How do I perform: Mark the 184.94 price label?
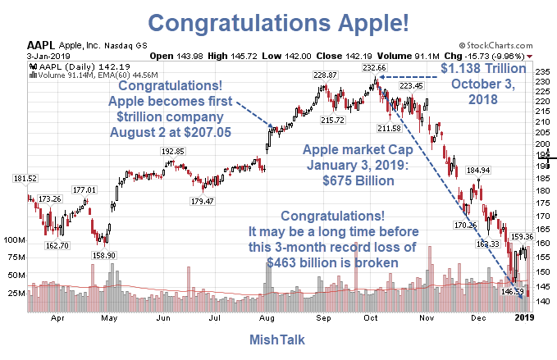point(477,171)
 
